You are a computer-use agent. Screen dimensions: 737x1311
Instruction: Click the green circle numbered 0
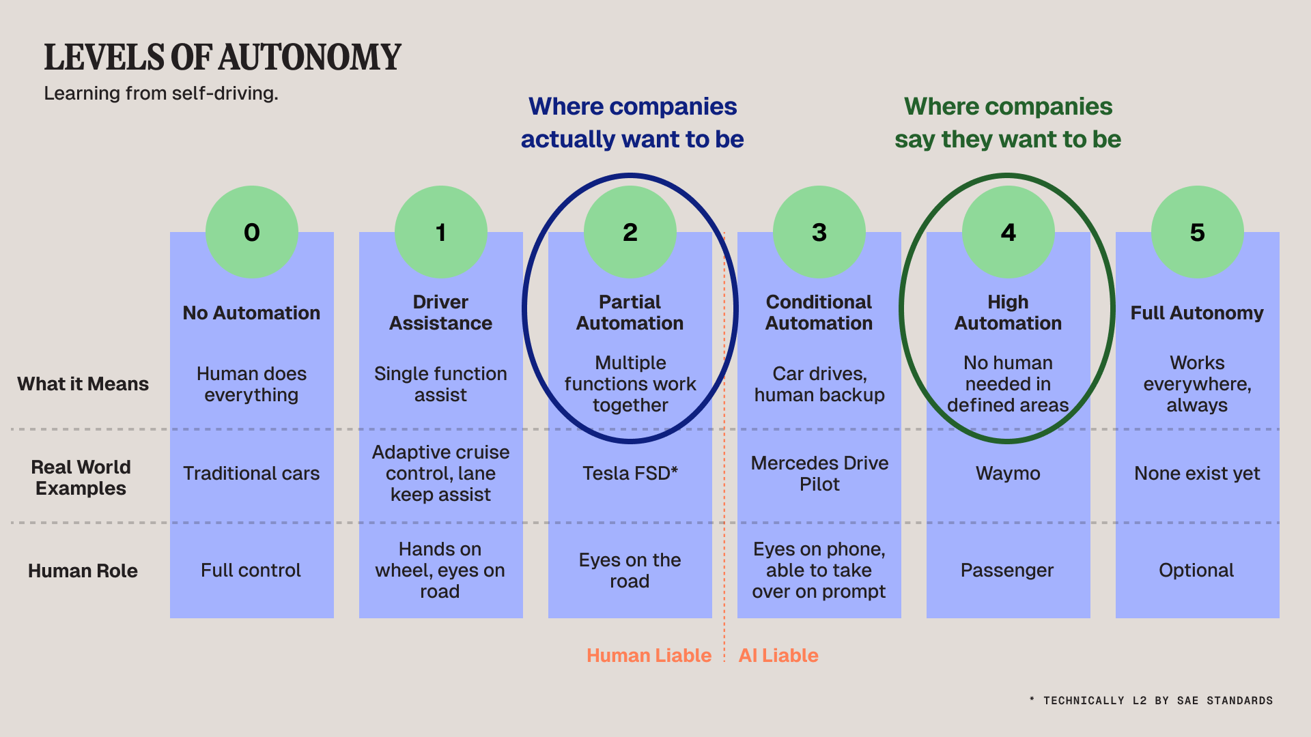(252, 232)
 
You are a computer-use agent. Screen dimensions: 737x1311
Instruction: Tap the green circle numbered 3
(819, 232)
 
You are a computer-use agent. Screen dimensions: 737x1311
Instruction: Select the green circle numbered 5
(1197, 232)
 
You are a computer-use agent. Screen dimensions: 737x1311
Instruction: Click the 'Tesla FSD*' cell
(630, 473)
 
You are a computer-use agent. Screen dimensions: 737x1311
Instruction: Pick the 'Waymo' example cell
(1008, 473)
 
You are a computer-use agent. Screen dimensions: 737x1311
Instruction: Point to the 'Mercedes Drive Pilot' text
(819, 473)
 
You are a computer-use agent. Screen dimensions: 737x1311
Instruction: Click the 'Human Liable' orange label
(649, 655)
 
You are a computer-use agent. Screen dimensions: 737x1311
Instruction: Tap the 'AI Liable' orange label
(778, 655)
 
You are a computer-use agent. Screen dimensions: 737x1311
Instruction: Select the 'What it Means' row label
(83, 384)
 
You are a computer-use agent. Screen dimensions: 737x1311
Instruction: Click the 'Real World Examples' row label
(81, 477)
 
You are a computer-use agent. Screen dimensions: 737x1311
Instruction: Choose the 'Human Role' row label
(83, 570)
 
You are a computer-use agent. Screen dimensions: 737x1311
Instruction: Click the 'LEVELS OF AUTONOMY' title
(223, 57)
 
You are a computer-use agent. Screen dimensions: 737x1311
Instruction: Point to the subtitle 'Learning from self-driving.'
(161, 93)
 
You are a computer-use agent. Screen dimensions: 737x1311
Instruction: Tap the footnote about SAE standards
(1151, 700)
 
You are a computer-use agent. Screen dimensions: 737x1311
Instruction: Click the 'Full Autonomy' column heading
(1197, 313)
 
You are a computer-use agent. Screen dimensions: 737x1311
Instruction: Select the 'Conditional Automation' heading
(819, 312)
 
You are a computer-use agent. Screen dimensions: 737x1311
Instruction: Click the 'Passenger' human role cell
(1007, 570)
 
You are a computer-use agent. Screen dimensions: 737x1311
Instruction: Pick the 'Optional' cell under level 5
(1196, 570)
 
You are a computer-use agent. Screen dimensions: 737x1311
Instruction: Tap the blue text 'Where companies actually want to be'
(632, 123)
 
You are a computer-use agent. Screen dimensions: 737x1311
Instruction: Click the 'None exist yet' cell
(1197, 473)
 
